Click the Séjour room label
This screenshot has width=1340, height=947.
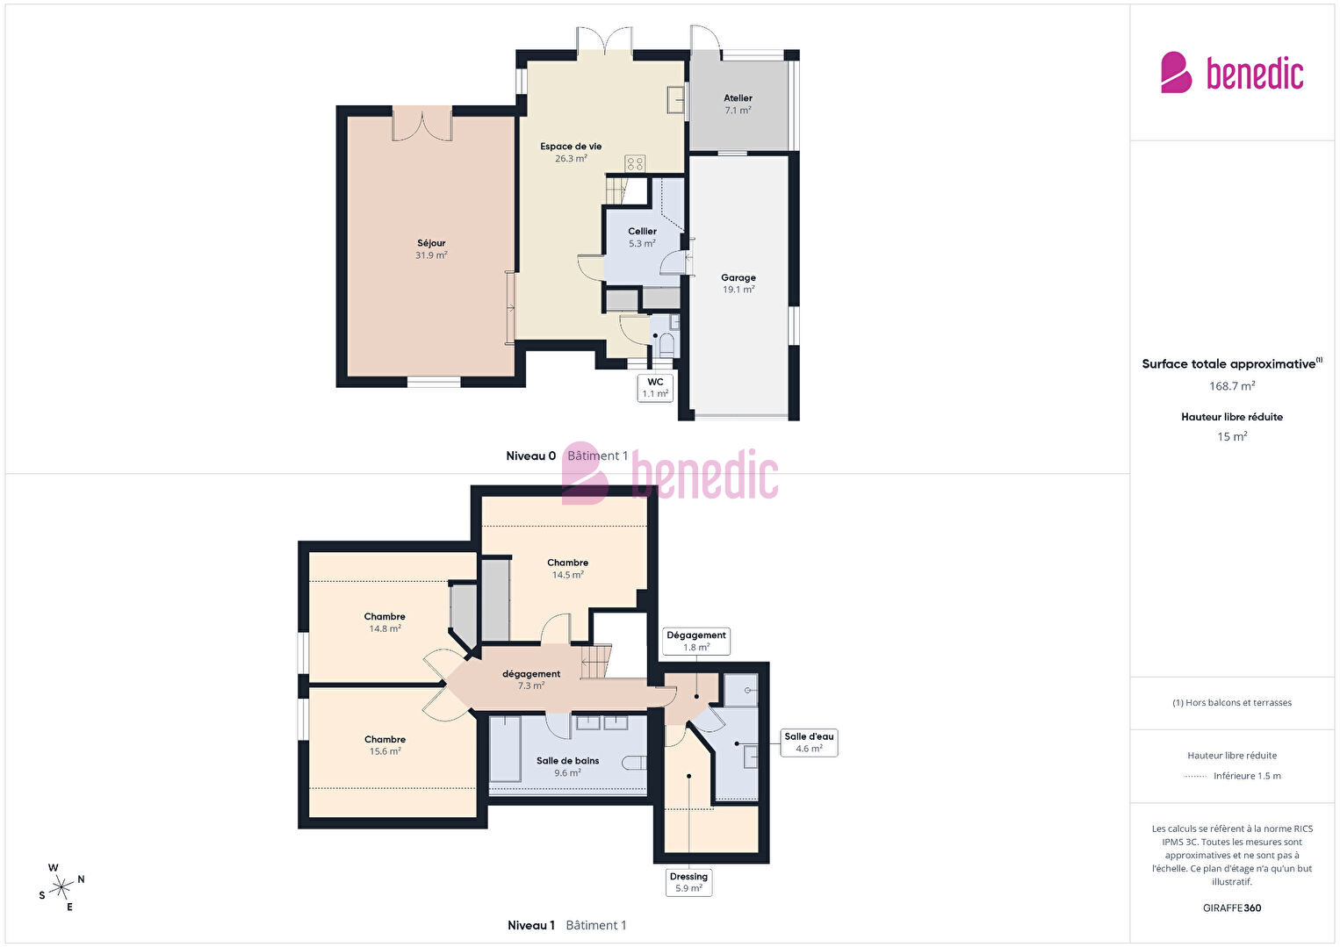pyautogui.click(x=431, y=248)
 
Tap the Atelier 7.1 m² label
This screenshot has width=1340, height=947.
pyautogui.click(x=738, y=104)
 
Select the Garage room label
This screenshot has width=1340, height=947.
pyautogui.click(x=738, y=283)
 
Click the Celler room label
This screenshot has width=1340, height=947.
pyautogui.click(x=642, y=237)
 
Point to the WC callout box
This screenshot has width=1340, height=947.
pyautogui.click(x=655, y=387)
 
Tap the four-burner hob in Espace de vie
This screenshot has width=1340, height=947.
pyautogui.click(x=635, y=163)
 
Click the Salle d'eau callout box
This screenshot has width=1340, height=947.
pyautogui.click(x=809, y=743)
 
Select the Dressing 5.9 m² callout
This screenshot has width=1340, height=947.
pyautogui.click(x=688, y=882)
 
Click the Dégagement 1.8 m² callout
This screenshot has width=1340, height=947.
pyautogui.click(x=696, y=641)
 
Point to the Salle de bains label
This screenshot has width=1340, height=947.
pyautogui.click(x=568, y=766)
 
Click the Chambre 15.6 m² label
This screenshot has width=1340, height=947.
pyautogui.click(x=385, y=745)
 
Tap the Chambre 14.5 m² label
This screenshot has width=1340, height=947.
pyautogui.click(x=568, y=569)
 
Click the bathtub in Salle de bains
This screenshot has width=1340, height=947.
pyautogui.click(x=506, y=750)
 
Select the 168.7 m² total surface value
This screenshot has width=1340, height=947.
pyautogui.click(x=1232, y=386)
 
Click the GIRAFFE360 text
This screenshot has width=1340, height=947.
pyautogui.click(x=1232, y=908)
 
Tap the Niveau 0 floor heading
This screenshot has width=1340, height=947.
pyautogui.click(x=530, y=456)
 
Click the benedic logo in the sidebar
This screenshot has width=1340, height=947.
pyautogui.click(x=1232, y=73)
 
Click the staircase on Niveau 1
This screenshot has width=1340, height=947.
pyautogui.click(x=596, y=661)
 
